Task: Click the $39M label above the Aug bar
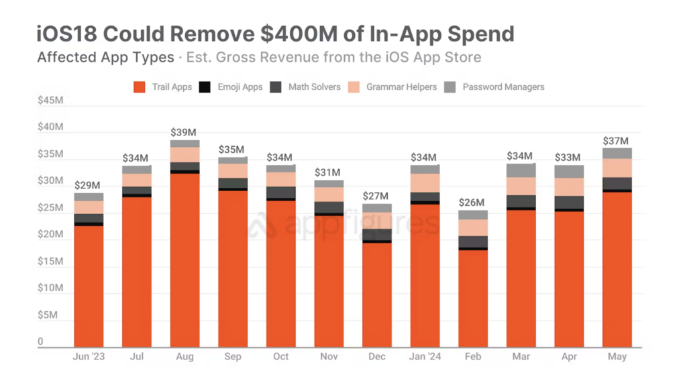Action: pos(183,133)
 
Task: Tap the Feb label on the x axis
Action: pos(473,357)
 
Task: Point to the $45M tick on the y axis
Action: pos(50,101)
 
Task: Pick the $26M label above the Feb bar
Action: pos(472,203)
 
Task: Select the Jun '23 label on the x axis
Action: pos(89,357)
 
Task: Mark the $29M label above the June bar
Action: pos(87,185)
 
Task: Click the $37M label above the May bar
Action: pos(615,141)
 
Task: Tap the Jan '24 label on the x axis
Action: pos(425,357)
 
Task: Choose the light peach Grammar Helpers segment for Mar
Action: pos(521,186)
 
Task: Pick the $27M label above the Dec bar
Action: pos(376,196)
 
